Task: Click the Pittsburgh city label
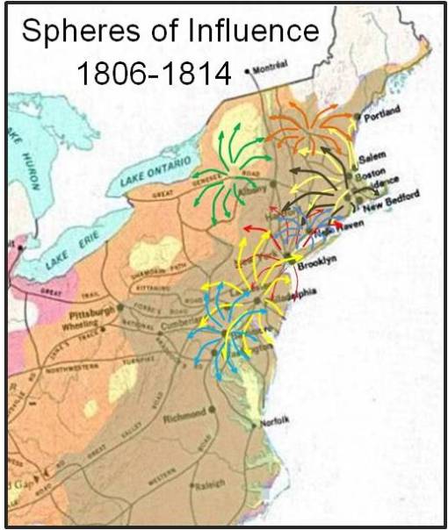(90, 311)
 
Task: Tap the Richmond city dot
(211, 411)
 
